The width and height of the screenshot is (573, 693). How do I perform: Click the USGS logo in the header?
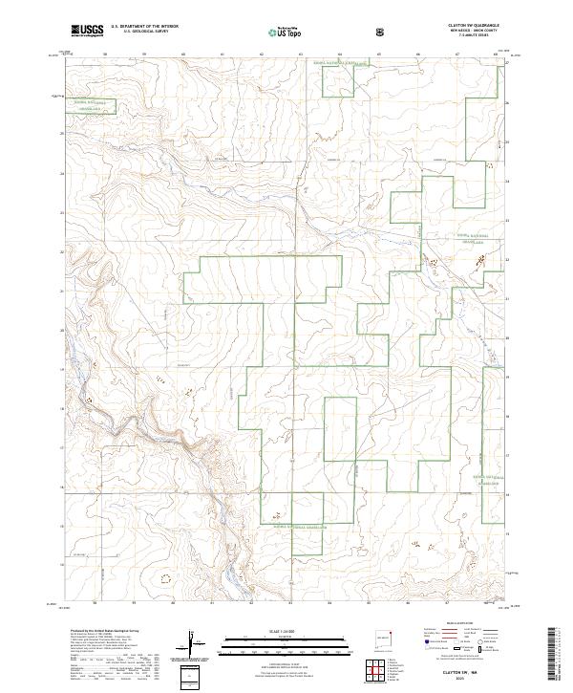coord(87,31)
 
